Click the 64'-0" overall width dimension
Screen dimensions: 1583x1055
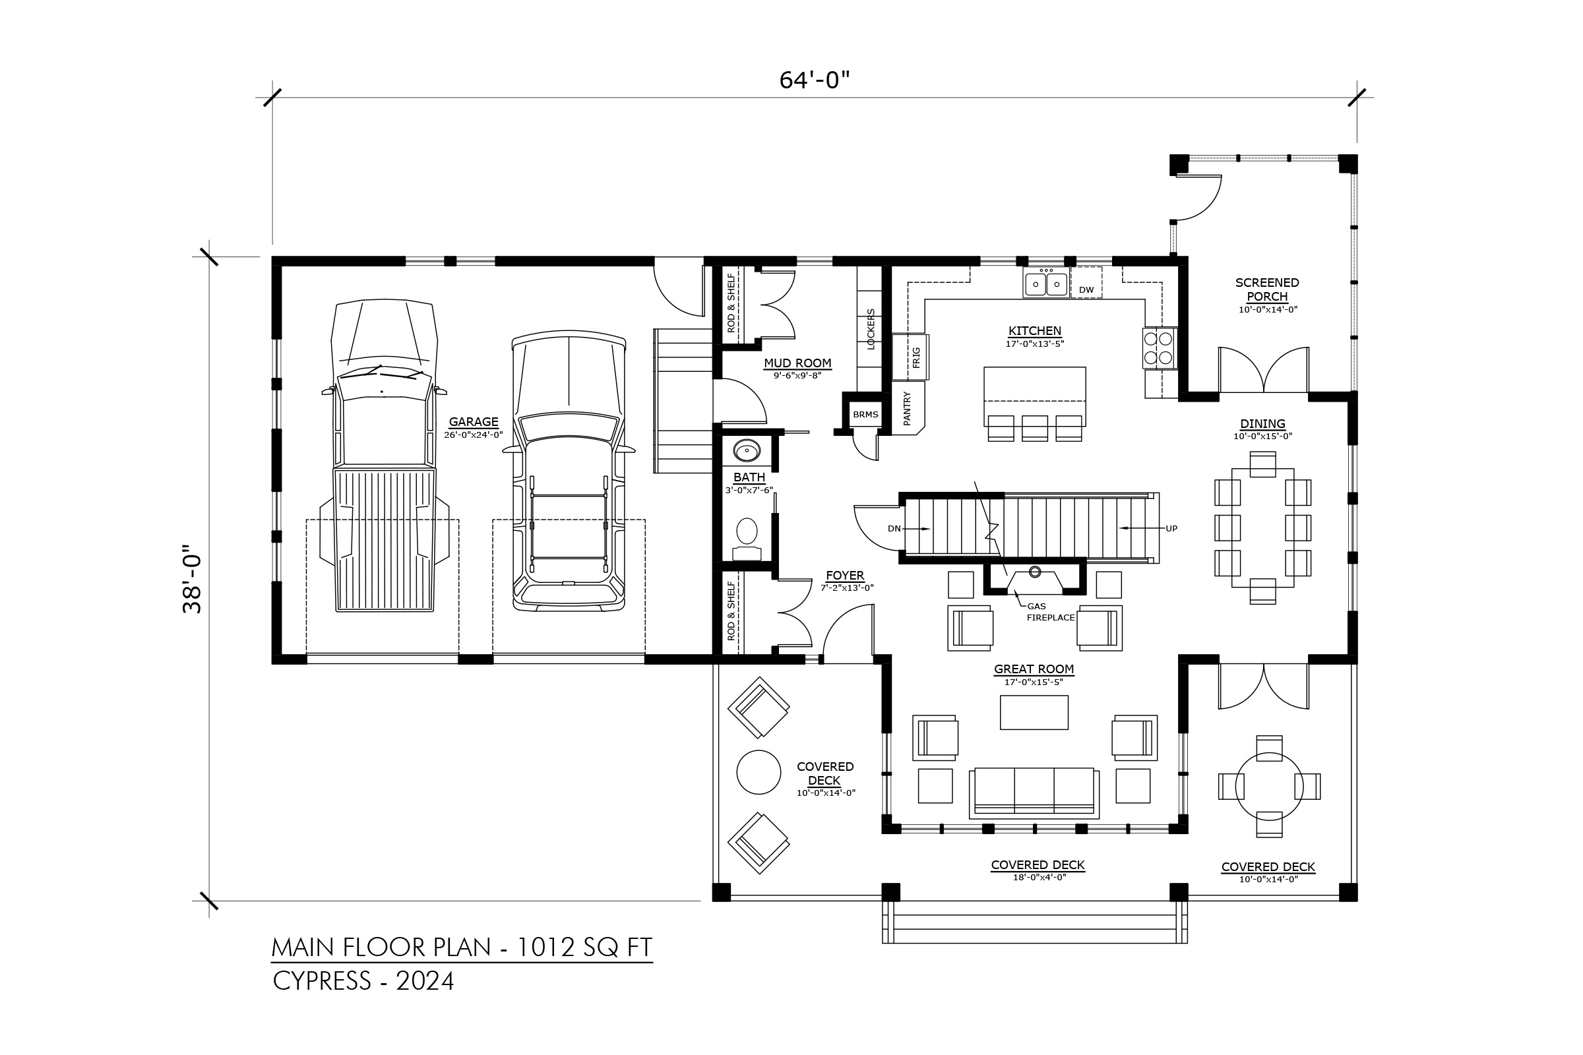[x=815, y=80]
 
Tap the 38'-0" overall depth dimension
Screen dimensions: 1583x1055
[x=193, y=579]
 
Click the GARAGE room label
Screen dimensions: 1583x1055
[x=473, y=422]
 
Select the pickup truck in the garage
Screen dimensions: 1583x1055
[x=385, y=456]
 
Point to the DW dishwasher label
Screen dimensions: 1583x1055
[x=1086, y=290]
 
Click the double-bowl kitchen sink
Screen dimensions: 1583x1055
[x=1046, y=284]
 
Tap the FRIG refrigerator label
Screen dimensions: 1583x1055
[x=916, y=357]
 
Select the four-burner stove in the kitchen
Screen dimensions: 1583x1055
[x=1159, y=348]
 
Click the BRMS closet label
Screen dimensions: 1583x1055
[x=865, y=415]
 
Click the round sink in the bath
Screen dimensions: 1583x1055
[x=747, y=451]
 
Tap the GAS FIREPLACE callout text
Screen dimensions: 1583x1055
[x=1050, y=612]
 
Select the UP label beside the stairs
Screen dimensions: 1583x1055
[x=1172, y=529]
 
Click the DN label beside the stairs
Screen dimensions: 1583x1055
[x=894, y=529]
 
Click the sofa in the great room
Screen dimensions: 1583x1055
[x=1034, y=793]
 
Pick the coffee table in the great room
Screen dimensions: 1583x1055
[x=1034, y=713]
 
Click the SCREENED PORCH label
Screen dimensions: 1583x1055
[x=1267, y=289]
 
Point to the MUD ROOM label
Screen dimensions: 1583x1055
[x=797, y=363]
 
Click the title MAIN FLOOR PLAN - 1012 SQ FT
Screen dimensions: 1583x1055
[x=462, y=948]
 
